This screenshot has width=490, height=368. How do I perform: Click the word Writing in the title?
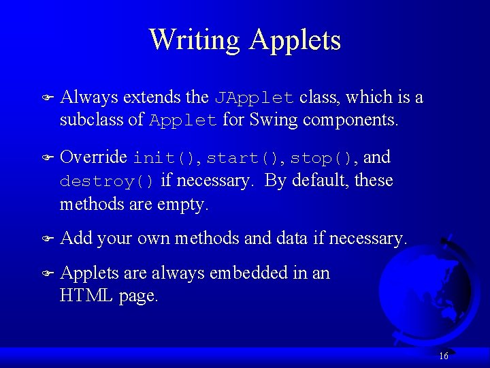pos(195,40)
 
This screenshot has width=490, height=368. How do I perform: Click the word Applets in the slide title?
pos(295,40)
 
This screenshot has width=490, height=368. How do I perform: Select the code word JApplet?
pos(255,98)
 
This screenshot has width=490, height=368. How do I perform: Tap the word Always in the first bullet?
pos(86,97)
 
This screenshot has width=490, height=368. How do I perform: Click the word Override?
pos(94,157)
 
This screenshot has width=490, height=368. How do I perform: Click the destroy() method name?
pos(108,181)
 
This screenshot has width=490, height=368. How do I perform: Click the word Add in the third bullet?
pos(76,239)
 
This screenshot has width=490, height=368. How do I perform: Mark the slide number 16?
pos(444,356)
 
